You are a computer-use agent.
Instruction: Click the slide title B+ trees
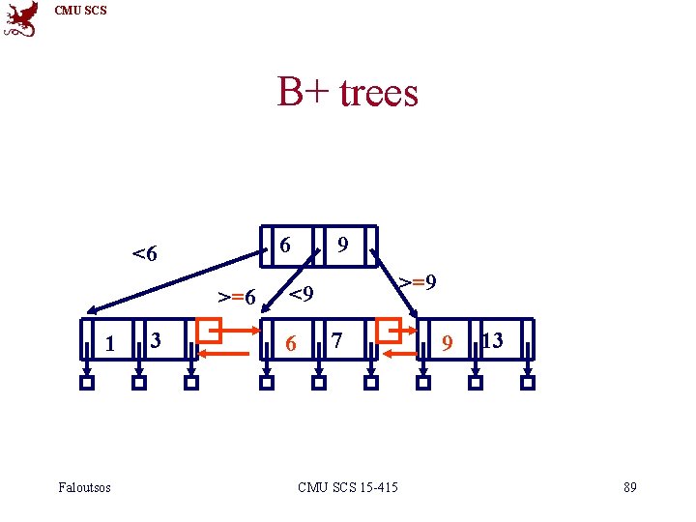click(x=348, y=93)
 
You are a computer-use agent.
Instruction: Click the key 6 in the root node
click(x=285, y=246)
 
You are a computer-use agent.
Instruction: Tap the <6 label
click(x=145, y=255)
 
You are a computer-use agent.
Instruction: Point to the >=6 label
click(x=237, y=296)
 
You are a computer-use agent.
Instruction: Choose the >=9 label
click(x=419, y=282)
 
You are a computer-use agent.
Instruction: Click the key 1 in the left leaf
click(x=110, y=343)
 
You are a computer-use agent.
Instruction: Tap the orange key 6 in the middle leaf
click(x=291, y=343)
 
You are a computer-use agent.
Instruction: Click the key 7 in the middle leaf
click(x=336, y=340)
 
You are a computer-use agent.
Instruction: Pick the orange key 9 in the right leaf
click(x=446, y=343)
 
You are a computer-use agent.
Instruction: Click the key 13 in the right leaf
click(x=492, y=339)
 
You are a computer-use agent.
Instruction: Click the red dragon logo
click(x=22, y=18)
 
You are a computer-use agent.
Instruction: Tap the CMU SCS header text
click(x=81, y=11)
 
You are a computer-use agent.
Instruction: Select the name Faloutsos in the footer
click(x=84, y=487)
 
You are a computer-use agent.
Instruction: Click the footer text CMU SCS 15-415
click(x=348, y=487)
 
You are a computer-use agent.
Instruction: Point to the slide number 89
click(x=630, y=487)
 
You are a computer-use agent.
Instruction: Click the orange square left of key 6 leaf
click(x=208, y=331)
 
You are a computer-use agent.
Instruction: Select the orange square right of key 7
click(x=390, y=331)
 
